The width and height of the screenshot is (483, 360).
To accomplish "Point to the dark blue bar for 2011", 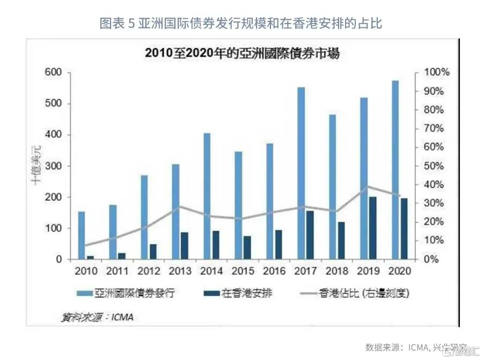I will pyautogui.click(x=122, y=256).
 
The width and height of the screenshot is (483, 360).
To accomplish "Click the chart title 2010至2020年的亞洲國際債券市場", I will pyautogui.click(x=241, y=54).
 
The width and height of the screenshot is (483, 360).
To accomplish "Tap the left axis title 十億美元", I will pyautogui.click(x=35, y=166).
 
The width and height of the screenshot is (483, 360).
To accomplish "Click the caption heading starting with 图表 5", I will pyautogui.click(x=241, y=24).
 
